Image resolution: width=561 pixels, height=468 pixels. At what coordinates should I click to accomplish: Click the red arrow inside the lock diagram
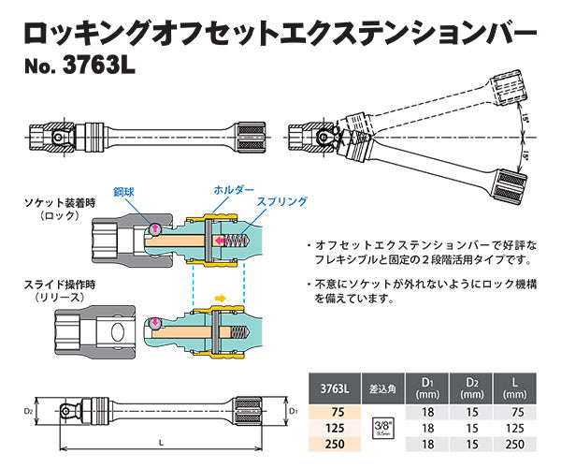pyautogui.click(x=221, y=241)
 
